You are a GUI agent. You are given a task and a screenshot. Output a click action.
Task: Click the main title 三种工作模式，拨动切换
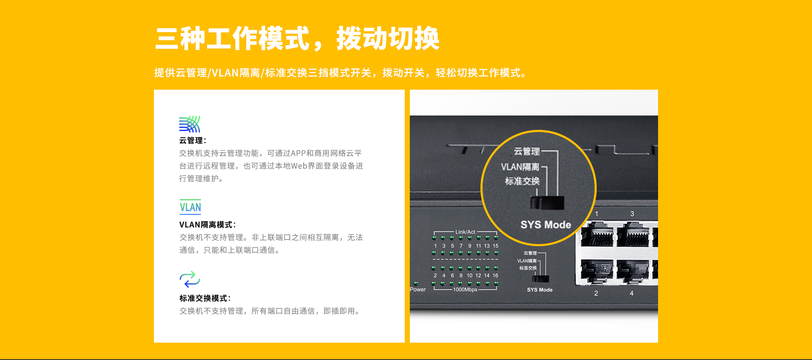point(297,38)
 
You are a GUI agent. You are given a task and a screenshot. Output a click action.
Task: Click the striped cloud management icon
point(189,124)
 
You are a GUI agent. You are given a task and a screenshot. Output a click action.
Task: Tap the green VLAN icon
point(190,207)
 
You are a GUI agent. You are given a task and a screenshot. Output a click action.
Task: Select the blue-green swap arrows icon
point(190,279)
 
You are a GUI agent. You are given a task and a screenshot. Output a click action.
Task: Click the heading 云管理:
point(193,140)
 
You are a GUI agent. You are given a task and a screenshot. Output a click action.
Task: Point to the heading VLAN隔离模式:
point(208,225)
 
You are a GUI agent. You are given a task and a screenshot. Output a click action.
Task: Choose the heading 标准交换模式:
point(205,298)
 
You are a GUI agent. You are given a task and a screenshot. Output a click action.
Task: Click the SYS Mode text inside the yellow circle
point(546,225)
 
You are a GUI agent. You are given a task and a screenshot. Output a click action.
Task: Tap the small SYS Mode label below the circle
point(540,290)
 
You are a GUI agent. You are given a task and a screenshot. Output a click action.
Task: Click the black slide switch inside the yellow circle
point(548,203)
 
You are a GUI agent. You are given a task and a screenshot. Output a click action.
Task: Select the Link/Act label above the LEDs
point(465,232)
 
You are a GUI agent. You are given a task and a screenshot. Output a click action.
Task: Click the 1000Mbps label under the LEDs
point(465,289)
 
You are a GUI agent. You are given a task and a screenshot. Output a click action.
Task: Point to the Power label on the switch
point(418,289)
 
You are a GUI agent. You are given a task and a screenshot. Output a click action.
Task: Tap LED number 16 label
point(495,275)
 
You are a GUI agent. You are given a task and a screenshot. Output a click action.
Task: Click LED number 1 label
point(436,246)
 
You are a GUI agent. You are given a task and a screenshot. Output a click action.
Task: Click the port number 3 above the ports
point(632,214)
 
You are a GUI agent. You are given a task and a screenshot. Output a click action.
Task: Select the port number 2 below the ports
point(596,293)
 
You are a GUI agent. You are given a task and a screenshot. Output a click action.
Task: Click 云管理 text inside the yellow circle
point(527,151)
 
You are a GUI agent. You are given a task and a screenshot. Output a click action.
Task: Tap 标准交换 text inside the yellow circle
point(522,181)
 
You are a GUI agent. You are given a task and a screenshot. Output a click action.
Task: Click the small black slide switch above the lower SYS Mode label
point(540,279)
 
